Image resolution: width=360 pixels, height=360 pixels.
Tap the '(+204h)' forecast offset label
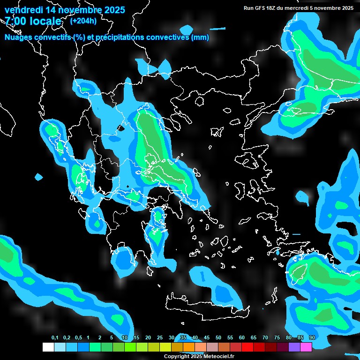(x=83, y=21)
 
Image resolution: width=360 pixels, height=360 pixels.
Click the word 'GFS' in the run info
(x=263, y=8)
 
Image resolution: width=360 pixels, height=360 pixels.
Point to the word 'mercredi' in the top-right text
(x=303, y=8)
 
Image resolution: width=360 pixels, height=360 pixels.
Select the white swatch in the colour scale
(x=48, y=347)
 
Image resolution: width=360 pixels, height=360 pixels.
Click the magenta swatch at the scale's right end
(x=306, y=347)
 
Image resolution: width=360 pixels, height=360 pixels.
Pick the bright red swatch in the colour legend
(x=247, y=347)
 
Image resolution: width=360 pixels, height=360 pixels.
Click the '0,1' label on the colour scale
(x=55, y=338)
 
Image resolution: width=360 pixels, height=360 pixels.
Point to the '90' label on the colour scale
(x=312, y=338)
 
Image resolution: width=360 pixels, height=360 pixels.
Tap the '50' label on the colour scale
(x=218, y=338)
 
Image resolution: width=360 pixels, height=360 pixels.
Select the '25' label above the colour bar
(x=160, y=338)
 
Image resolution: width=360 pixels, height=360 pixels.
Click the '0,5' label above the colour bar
(x=78, y=338)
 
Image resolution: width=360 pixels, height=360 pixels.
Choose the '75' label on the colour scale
(x=277, y=338)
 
